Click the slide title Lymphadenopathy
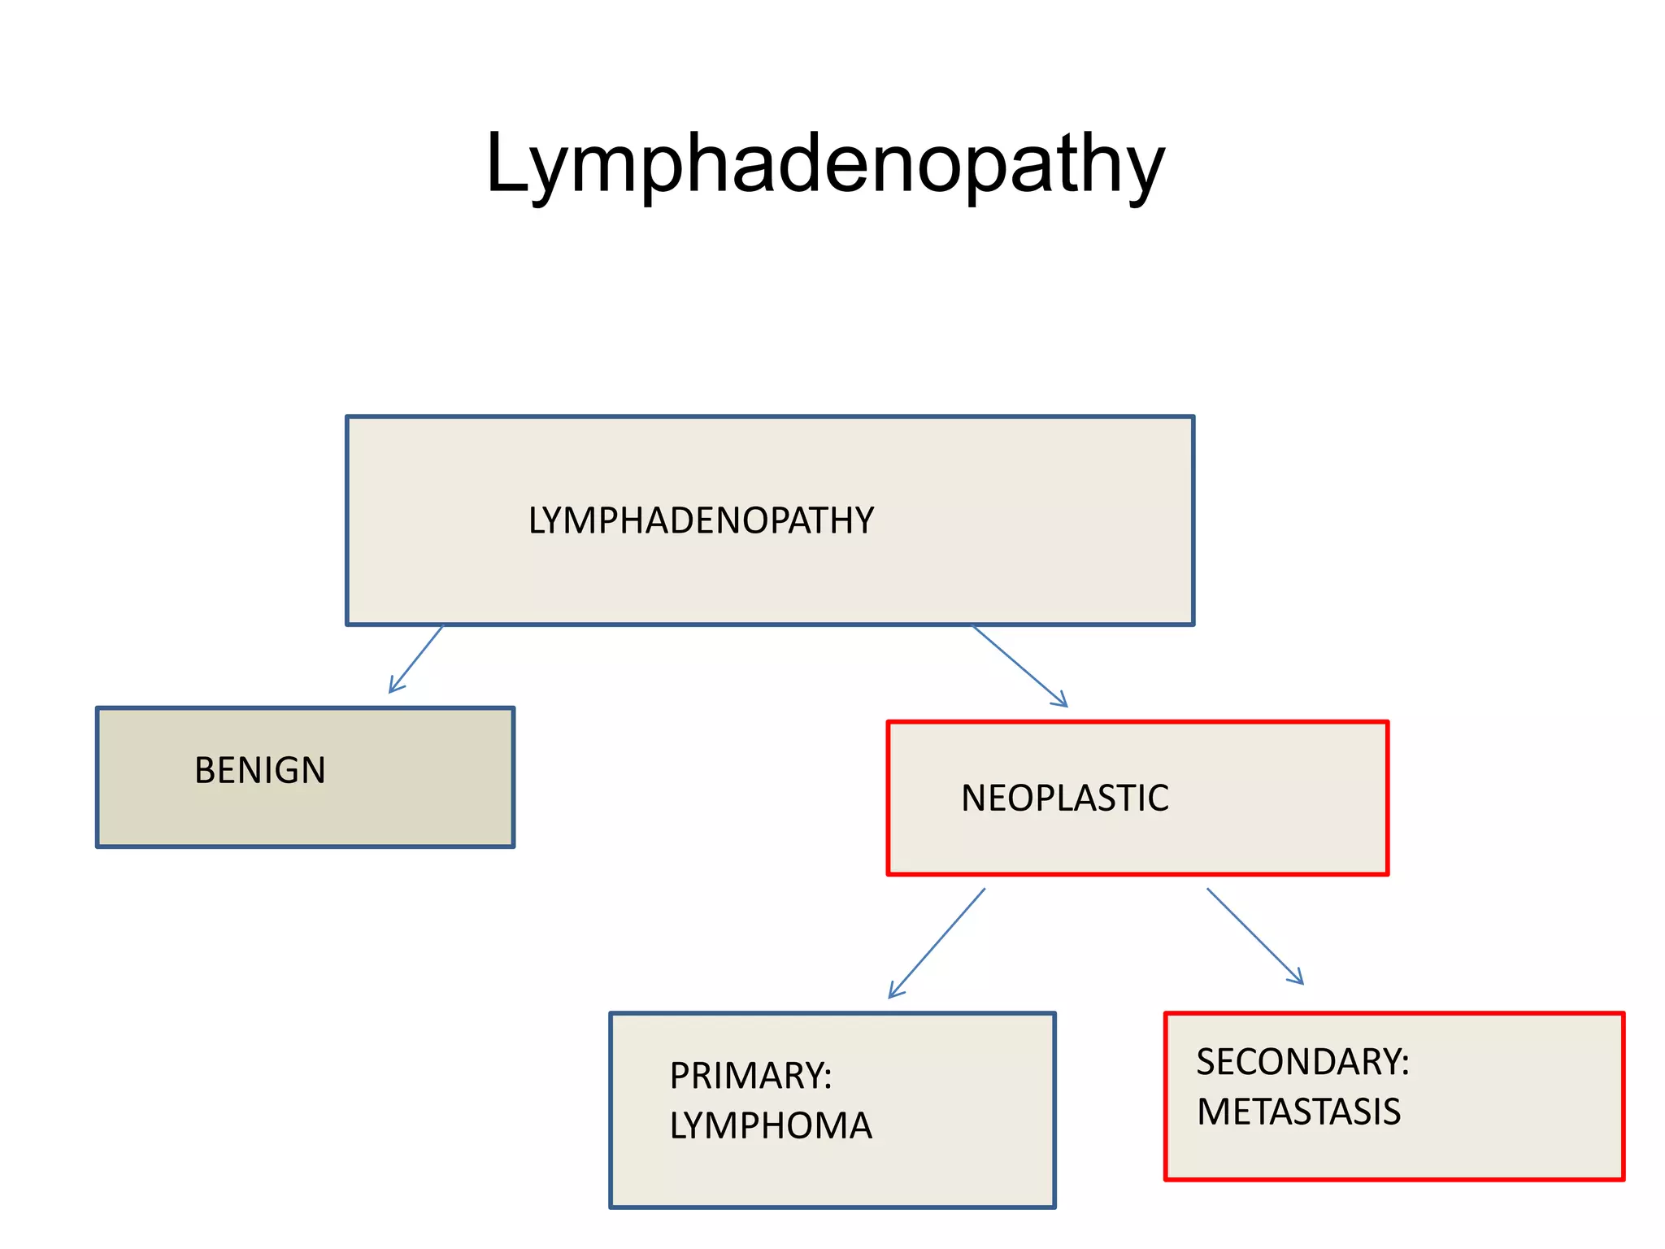[824, 165]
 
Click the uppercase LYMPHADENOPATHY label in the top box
[701, 520]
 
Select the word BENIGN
[260, 770]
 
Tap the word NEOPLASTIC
[1065, 798]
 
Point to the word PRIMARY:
[750, 1076]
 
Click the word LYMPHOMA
[771, 1126]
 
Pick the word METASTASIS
[1298, 1112]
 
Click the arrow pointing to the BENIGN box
[416, 659]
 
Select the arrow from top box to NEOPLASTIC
[1019, 666]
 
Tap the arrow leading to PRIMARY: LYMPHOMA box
[937, 942]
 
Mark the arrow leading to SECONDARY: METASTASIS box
[1254, 936]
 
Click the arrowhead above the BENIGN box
[393, 688]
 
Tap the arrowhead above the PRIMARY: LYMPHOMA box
[893, 992]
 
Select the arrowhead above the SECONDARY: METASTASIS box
[1299, 980]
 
